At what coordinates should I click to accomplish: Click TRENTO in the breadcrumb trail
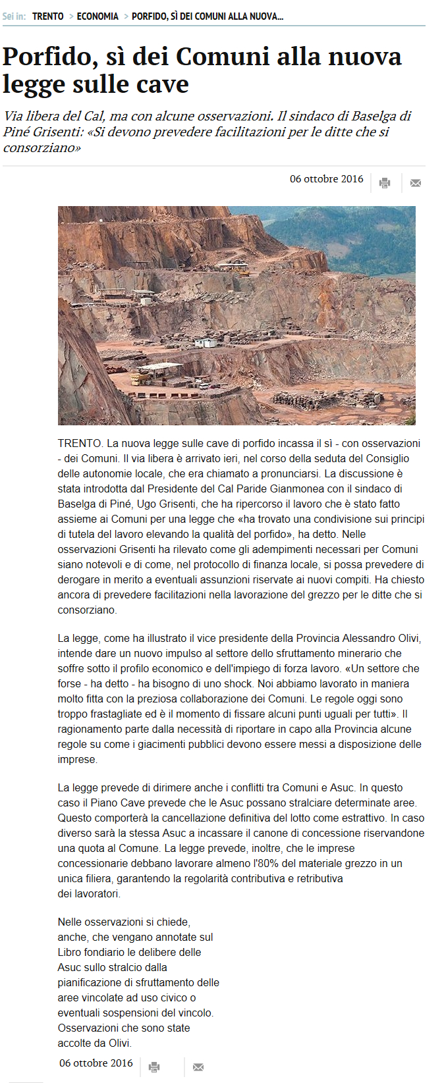click(x=47, y=16)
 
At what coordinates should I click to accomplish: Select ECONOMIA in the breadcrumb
click(x=97, y=16)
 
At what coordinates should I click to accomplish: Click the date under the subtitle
click(x=326, y=179)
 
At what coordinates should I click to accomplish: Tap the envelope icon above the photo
click(x=415, y=183)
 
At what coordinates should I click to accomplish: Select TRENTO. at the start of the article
click(x=80, y=444)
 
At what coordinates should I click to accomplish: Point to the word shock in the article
click(x=239, y=684)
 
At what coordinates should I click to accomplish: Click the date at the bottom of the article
click(x=96, y=1063)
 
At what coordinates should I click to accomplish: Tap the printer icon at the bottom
click(x=154, y=1067)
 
